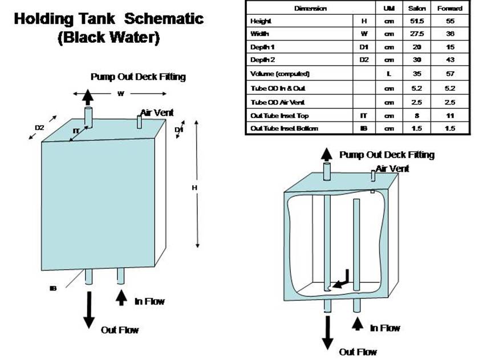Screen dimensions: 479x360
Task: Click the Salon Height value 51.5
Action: point(417,21)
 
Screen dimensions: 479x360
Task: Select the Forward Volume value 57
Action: point(450,74)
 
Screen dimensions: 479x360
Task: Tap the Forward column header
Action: point(450,8)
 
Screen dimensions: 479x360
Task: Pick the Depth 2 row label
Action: point(262,60)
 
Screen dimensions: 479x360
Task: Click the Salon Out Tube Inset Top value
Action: point(417,116)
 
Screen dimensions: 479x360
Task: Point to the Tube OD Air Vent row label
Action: point(277,102)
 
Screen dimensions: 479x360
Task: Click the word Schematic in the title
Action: point(164,18)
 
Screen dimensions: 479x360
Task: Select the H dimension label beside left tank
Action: point(194,188)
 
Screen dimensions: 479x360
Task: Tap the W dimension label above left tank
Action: point(121,94)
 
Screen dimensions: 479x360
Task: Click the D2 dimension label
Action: point(39,128)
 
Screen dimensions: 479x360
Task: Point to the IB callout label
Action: point(53,288)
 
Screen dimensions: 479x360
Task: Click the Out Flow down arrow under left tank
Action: point(89,310)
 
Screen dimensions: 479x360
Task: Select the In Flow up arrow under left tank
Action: point(121,298)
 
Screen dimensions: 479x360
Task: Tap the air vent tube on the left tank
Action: point(139,122)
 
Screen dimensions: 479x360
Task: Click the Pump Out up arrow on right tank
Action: point(327,155)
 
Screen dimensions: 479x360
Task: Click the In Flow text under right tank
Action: point(385,328)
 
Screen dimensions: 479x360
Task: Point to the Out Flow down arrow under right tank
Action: point(328,333)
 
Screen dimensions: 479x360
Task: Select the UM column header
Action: point(389,8)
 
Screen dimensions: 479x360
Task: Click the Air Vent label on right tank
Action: point(392,169)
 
